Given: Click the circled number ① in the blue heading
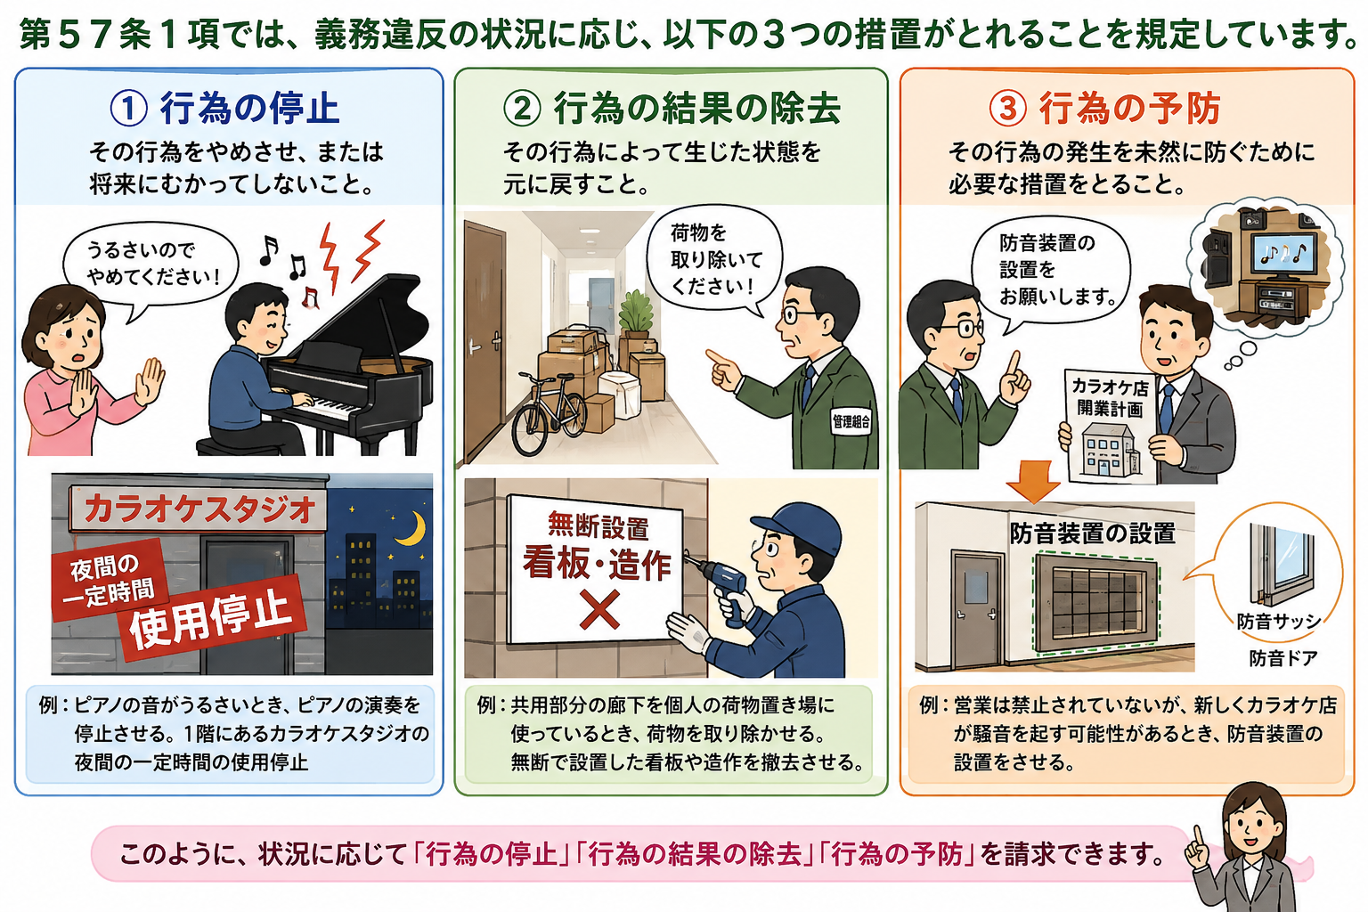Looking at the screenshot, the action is click(128, 109).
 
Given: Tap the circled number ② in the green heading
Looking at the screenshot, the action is click(522, 109).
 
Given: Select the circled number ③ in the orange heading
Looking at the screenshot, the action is click(1007, 109).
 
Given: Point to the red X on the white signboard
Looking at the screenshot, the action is click(599, 609).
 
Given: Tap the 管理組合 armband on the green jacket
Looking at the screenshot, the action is click(851, 421).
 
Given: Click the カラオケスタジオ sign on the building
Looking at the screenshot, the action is click(199, 509).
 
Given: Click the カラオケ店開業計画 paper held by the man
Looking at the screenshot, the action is click(1109, 425).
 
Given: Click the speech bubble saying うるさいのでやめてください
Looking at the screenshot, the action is click(151, 267).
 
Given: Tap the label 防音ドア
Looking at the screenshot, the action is click(1283, 658).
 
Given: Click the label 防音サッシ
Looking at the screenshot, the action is click(1279, 622).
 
